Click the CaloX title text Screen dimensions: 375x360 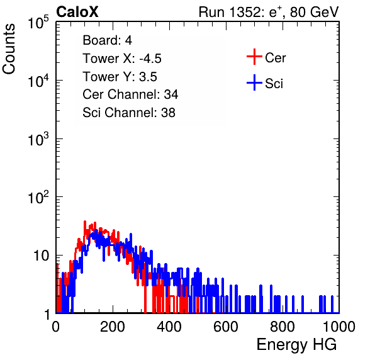pyautogui.click(x=77, y=12)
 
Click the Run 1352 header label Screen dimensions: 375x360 pyautogui.click(x=269, y=12)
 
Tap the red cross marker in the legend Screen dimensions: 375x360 pyautogui.click(x=254, y=57)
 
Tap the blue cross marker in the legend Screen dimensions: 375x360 pyautogui.click(x=254, y=82)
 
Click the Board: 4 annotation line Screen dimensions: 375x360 pyautogui.click(x=107, y=40)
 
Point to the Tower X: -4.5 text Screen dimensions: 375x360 pyautogui.click(x=122, y=59)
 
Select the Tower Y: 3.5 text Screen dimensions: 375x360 pyautogui.click(x=120, y=77)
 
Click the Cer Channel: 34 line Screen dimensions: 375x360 pyautogui.click(x=130, y=94)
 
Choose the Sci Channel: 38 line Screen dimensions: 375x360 pyautogui.click(x=129, y=113)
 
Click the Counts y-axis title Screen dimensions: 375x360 pyautogui.click(x=9, y=49)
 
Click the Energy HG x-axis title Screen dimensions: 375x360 pyautogui.click(x=296, y=345)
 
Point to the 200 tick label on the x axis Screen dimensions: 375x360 pyautogui.click(x=113, y=327)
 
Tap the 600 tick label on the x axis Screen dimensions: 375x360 pyautogui.click(x=226, y=327)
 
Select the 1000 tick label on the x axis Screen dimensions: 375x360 pyautogui.click(x=339, y=327)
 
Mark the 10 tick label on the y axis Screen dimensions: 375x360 pyautogui.click(x=42, y=256)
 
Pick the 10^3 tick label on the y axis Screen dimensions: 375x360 pyautogui.click(x=38, y=138)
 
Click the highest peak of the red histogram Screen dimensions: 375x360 pyautogui.click(x=85, y=222)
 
